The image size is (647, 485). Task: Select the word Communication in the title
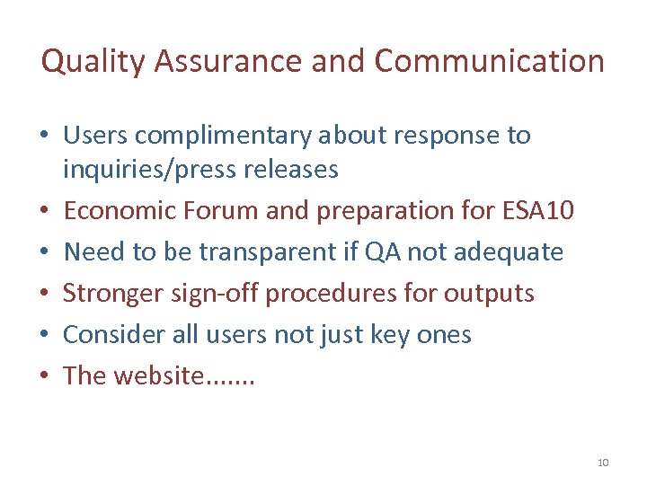click(x=489, y=61)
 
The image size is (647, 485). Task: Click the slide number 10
click(x=602, y=463)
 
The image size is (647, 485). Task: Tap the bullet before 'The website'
click(x=44, y=376)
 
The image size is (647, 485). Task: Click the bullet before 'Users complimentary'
click(x=44, y=137)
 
